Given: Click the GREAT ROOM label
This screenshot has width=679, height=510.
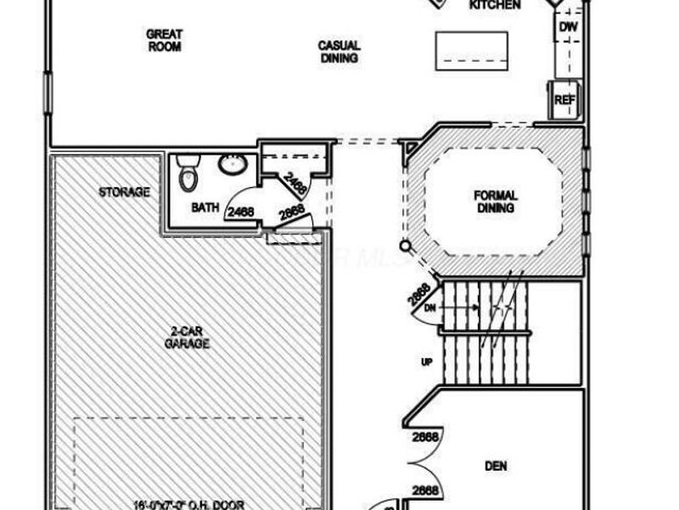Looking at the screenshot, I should [x=165, y=41].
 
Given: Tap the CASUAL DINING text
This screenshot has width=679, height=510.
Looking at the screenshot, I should [x=339, y=52].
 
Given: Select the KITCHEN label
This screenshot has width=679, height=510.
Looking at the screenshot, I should [x=495, y=5].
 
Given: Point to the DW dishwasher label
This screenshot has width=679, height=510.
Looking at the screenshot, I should [x=568, y=28].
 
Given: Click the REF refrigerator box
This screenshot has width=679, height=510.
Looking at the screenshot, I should [x=564, y=100].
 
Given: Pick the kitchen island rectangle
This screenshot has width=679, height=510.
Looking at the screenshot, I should [x=472, y=50].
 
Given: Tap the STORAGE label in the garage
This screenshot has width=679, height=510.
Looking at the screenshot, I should [x=124, y=192].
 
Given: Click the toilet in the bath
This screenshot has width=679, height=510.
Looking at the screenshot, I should [x=188, y=173].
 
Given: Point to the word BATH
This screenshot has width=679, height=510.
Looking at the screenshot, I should [x=205, y=207].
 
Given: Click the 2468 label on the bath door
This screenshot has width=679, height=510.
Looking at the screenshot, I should [x=241, y=212].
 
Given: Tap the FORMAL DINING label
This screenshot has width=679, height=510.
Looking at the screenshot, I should [x=496, y=201].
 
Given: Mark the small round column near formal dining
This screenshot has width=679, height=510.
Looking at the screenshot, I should [x=406, y=247].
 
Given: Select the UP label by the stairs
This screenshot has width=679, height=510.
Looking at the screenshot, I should [x=427, y=362].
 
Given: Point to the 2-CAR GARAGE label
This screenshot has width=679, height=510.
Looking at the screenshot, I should [x=188, y=337].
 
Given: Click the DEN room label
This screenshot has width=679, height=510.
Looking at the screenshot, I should [x=496, y=466].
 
